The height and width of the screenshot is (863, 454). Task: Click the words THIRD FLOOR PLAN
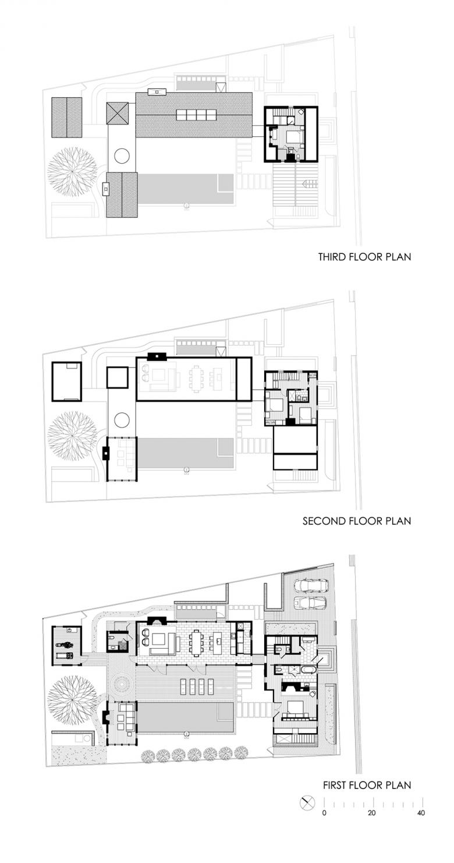(x=364, y=257)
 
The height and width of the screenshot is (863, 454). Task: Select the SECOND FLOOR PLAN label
(x=357, y=521)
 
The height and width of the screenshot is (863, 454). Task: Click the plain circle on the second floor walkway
(x=122, y=419)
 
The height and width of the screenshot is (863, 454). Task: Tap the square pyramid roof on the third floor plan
(x=118, y=114)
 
